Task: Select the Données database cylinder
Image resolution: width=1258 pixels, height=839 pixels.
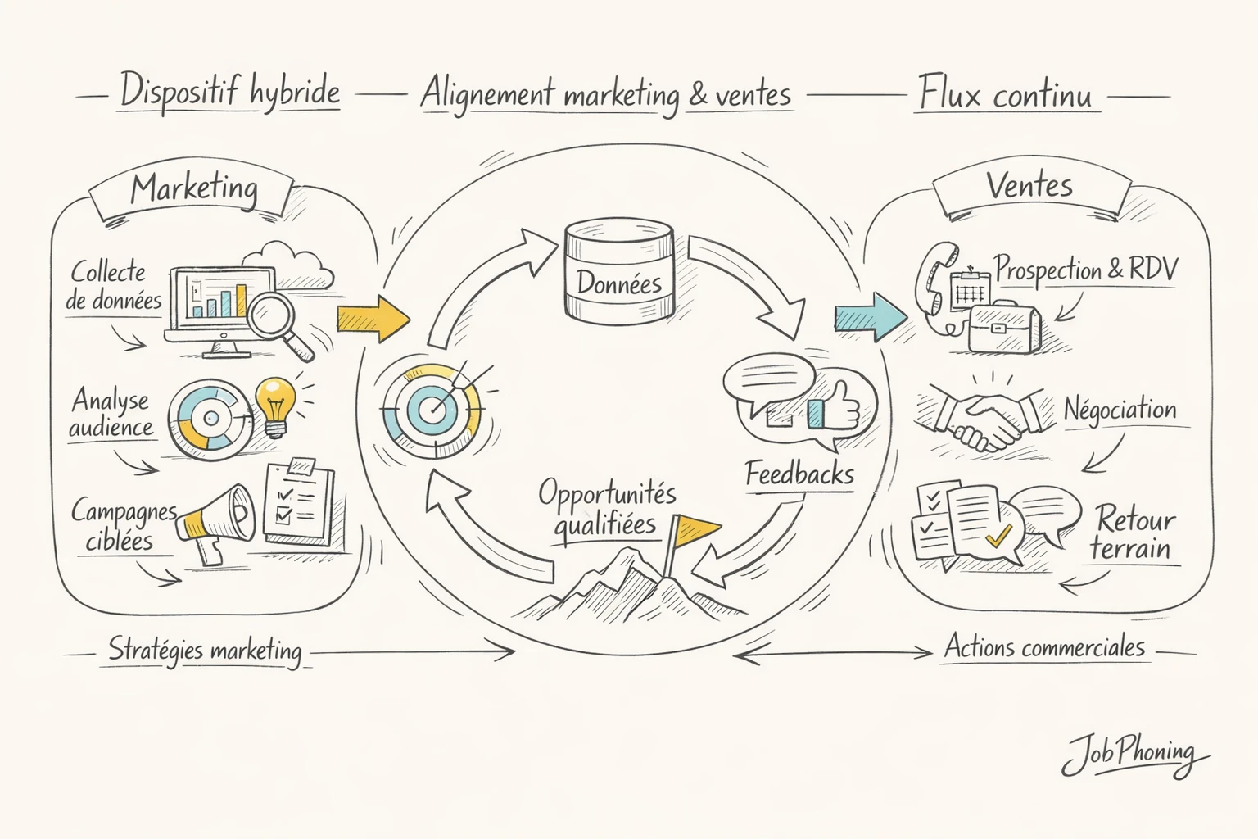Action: click(x=619, y=274)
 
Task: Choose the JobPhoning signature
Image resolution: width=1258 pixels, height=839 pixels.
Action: click(x=1133, y=755)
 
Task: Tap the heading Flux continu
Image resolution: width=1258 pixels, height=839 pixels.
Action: click(x=1006, y=93)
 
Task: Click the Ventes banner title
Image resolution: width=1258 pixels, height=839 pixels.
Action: click(x=1029, y=186)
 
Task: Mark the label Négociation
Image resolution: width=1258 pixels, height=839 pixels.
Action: click(x=1120, y=409)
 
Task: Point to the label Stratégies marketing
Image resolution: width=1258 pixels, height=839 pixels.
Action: click(x=206, y=651)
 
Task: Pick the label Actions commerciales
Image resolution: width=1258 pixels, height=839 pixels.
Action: click(x=1044, y=647)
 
